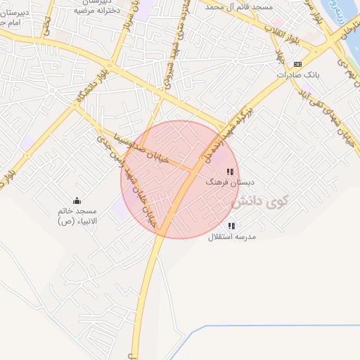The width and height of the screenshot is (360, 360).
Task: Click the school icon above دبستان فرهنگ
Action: pyautogui.click(x=229, y=172)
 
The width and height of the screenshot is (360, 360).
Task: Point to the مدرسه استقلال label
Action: pyautogui.click(x=232, y=237)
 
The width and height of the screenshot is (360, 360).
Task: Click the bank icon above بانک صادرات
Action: pyautogui.click(x=298, y=64)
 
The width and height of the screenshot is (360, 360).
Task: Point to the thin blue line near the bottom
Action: pyautogui.click(x=267, y=326)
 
